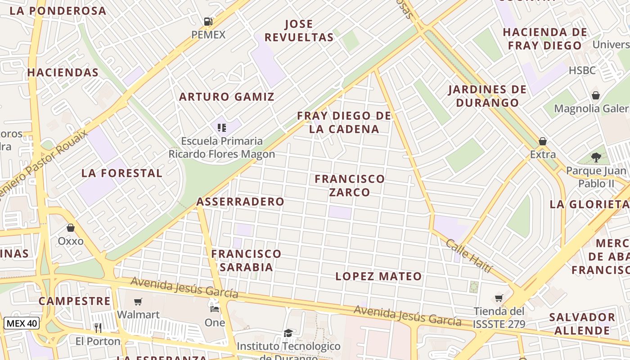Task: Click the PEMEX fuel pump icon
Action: tap(208, 21)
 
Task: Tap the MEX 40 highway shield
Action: tap(22, 323)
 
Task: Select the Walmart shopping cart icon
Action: tap(138, 301)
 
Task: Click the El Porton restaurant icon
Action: tap(98, 328)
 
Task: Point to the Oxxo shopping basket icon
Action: tap(70, 228)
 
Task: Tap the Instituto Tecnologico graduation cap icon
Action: tap(288, 333)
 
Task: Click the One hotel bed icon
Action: tap(215, 309)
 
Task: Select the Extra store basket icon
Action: tap(543, 141)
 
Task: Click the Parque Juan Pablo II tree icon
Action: tap(596, 157)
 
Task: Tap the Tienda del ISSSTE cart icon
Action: tap(499, 298)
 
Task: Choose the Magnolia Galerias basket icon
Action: tap(596, 95)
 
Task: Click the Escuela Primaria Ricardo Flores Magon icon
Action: tap(221, 128)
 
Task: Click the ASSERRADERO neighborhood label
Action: tap(240, 202)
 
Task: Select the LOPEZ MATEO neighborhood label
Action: tap(378, 276)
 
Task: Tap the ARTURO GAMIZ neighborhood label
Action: tap(227, 97)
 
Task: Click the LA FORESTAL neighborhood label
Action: tap(121, 173)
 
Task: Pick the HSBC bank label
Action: tap(582, 71)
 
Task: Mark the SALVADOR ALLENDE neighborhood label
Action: tap(581, 324)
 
